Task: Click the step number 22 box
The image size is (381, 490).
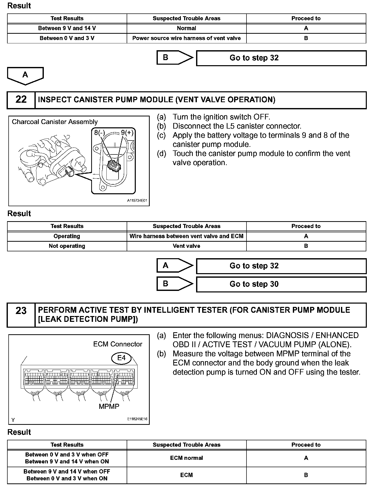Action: [21, 100]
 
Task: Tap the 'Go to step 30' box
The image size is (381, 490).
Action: [281, 284]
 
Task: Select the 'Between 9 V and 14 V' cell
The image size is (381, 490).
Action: [67, 28]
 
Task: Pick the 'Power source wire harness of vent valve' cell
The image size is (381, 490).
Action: [186, 38]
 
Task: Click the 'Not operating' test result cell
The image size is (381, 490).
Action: [67, 246]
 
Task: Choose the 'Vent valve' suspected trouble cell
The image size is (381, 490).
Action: [186, 246]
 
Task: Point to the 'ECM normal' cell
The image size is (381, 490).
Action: [186, 458]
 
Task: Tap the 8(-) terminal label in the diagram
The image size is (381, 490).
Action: [100, 132]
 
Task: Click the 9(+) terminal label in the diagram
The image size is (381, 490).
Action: [127, 132]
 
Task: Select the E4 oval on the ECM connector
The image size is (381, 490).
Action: [122, 358]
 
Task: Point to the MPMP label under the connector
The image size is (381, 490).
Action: [109, 407]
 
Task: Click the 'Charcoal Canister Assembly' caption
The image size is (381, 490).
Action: [55, 122]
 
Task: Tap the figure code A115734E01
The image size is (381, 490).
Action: [137, 201]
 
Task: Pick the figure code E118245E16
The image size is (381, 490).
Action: [137, 419]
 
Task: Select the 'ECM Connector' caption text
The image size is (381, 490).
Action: [118, 344]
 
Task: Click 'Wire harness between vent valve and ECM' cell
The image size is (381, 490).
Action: [186, 236]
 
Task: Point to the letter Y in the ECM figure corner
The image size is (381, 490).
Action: [13, 420]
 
